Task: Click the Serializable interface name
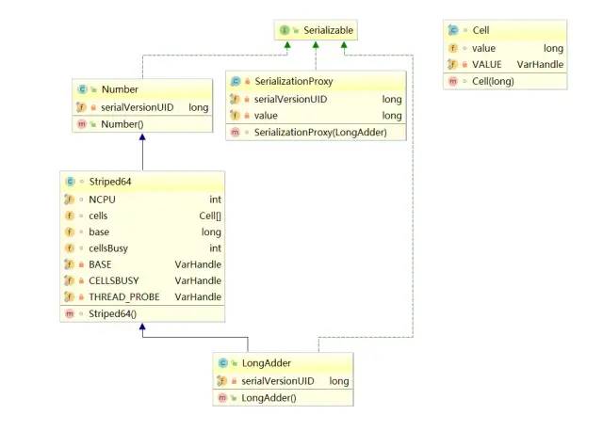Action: point(328,30)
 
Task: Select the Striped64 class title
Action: point(110,182)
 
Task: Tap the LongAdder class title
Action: point(266,363)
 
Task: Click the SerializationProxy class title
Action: point(294,82)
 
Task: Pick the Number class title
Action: point(120,89)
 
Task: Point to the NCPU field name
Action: point(102,200)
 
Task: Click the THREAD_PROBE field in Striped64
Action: point(123,297)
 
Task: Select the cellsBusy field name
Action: point(108,248)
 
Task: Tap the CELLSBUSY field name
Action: point(113,280)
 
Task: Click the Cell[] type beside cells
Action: point(210,216)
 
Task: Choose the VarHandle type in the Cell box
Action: point(540,65)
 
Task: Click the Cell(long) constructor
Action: point(493,82)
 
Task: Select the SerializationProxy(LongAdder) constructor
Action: point(320,133)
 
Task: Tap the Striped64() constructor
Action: point(112,313)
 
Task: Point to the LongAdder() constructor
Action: point(269,398)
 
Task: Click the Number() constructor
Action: point(122,124)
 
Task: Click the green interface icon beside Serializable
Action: point(285,30)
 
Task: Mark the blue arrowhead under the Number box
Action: point(142,137)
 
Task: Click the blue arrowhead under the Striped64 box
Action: point(142,327)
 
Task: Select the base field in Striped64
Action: point(99,231)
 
